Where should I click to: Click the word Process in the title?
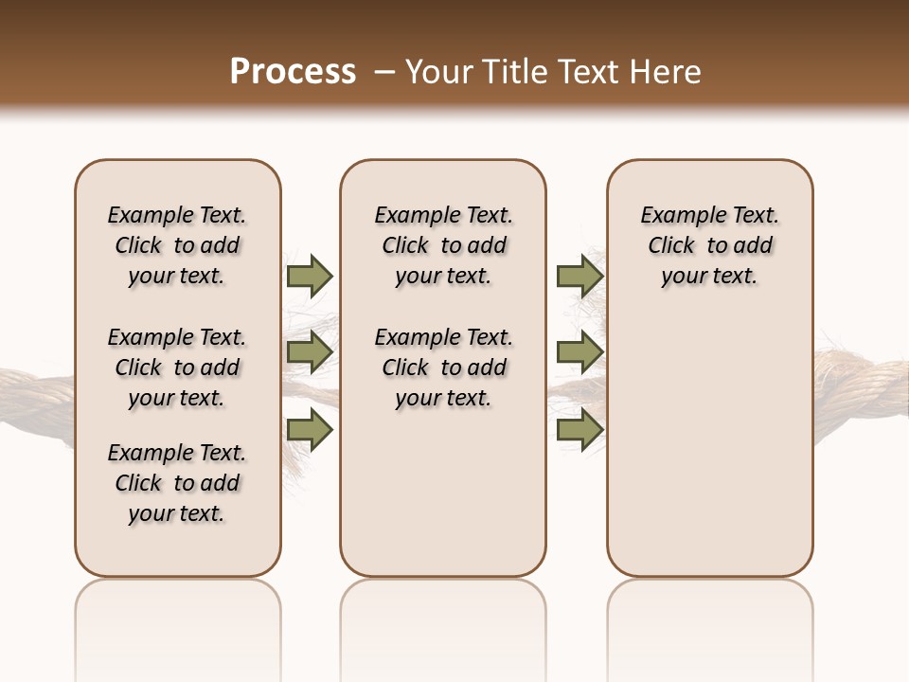pos(293,72)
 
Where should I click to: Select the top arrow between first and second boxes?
pos(309,276)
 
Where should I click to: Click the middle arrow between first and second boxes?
pos(309,352)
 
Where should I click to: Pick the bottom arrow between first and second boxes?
pos(309,430)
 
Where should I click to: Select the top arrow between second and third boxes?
pos(579,276)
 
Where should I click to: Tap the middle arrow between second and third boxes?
pos(579,352)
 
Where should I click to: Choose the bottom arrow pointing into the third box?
pos(579,430)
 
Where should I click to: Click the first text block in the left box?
pos(177,245)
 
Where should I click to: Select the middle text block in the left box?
pos(177,368)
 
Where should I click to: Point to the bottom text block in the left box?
pos(177,483)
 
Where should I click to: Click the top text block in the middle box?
pos(443,245)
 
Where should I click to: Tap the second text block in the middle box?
pos(443,368)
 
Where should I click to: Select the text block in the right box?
pos(710,245)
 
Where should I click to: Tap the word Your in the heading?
pos(437,72)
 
